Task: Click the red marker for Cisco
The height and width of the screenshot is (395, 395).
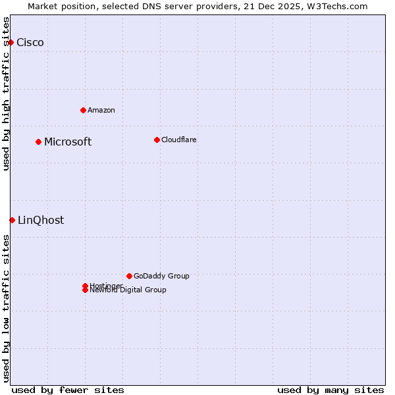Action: click(x=11, y=42)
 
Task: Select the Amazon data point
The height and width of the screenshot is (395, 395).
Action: click(x=83, y=110)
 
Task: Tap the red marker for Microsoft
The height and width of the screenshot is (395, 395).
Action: click(x=38, y=142)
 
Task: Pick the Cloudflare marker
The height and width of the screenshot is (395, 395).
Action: click(x=157, y=140)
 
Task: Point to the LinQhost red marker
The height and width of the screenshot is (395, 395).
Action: click(x=12, y=220)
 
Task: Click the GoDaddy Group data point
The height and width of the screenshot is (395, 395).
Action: click(x=129, y=276)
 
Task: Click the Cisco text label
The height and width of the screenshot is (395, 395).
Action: click(x=30, y=43)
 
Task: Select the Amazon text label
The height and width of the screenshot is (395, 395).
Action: click(x=101, y=110)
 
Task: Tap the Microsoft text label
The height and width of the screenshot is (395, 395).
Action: click(x=68, y=142)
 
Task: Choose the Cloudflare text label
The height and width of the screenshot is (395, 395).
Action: click(x=179, y=140)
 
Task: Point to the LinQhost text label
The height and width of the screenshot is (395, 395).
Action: click(x=41, y=221)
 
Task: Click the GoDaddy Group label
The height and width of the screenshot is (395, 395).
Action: click(x=161, y=276)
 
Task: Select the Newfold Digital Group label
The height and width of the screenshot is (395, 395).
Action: click(x=128, y=290)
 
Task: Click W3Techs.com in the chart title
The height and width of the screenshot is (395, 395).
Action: click(x=336, y=6)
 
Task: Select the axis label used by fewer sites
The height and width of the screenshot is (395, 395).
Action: click(x=68, y=390)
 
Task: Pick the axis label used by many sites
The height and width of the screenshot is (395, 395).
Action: click(x=330, y=390)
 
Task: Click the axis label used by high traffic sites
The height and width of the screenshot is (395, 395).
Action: click(x=7, y=93)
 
